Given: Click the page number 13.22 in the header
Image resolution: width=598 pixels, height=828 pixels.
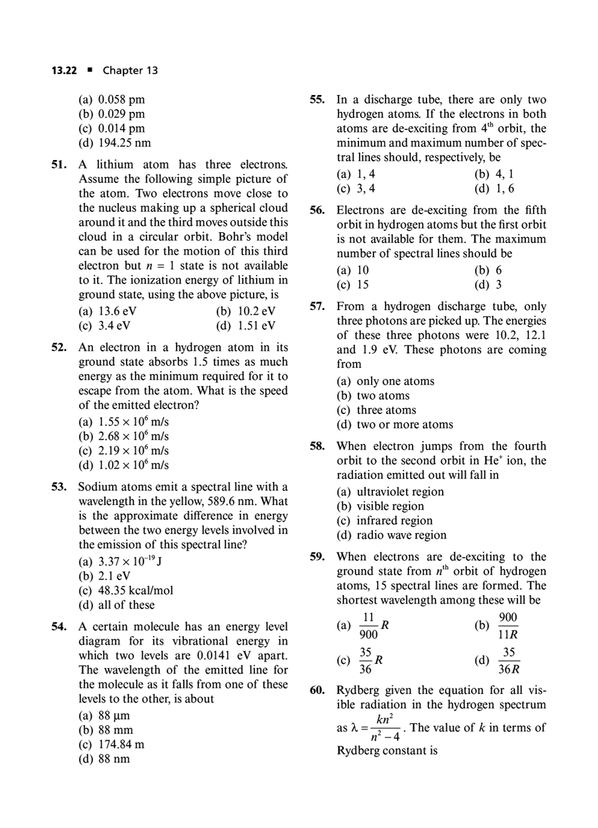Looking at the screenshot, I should tap(64, 70).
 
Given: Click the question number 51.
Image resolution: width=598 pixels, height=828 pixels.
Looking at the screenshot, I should tap(58, 164).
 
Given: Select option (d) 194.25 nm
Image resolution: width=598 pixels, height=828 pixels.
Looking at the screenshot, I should tap(115, 143).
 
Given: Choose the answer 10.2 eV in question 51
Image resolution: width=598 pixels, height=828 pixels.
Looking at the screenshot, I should tap(246, 311).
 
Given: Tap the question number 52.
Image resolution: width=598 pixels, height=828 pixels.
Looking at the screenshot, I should tap(58, 347).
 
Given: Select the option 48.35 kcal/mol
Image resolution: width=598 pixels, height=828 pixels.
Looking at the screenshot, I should tap(126, 590).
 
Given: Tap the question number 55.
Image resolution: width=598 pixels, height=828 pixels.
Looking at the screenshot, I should tap(317, 100).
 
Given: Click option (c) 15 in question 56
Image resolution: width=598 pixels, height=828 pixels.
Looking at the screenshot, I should tap(353, 285).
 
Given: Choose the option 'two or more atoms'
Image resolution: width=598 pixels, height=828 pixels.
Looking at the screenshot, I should tap(395, 424).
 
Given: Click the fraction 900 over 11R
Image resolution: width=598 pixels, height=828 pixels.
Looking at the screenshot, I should tap(508, 626).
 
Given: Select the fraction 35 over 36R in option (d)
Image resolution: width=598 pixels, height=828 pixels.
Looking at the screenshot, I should tap(508, 661).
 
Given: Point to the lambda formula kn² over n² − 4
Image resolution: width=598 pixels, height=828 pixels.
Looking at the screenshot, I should tap(379, 728).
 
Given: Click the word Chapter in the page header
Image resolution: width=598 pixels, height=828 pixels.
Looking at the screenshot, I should tap(130, 70).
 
